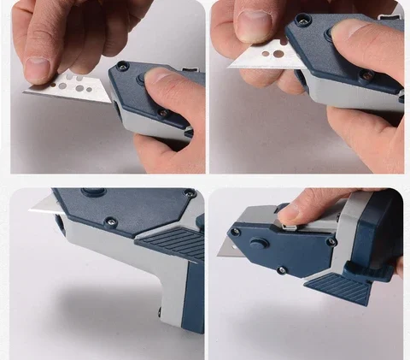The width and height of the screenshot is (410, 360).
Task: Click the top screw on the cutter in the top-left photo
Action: tap(122, 65)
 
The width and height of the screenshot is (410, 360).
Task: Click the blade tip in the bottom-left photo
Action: tap(38, 204)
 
